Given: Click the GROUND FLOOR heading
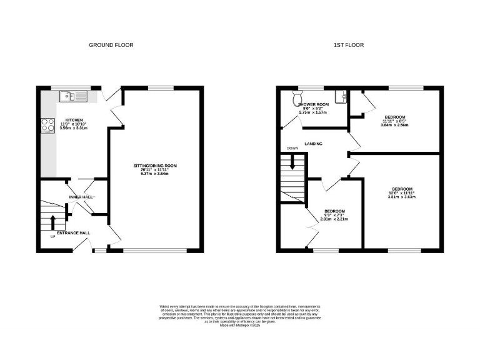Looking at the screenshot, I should pyautogui.click(x=111, y=45).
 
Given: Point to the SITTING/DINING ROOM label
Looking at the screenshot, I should pyautogui.click(x=156, y=166).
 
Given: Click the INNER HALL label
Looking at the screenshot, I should pyautogui.click(x=81, y=197).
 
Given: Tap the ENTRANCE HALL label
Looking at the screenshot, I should pyautogui.click(x=74, y=232).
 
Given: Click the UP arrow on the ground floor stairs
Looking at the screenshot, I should pyautogui.click(x=52, y=222).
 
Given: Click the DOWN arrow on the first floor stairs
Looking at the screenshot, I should pyautogui.click(x=292, y=162).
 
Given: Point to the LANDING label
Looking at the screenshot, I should pyautogui.click(x=313, y=144).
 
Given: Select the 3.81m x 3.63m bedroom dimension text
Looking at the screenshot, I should pyautogui.click(x=402, y=197).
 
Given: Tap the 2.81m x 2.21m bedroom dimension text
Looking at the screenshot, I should pyautogui.click(x=334, y=219).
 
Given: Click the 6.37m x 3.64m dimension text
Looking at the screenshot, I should pyautogui.click(x=156, y=174).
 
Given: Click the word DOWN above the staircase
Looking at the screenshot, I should pyautogui.click(x=292, y=149).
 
